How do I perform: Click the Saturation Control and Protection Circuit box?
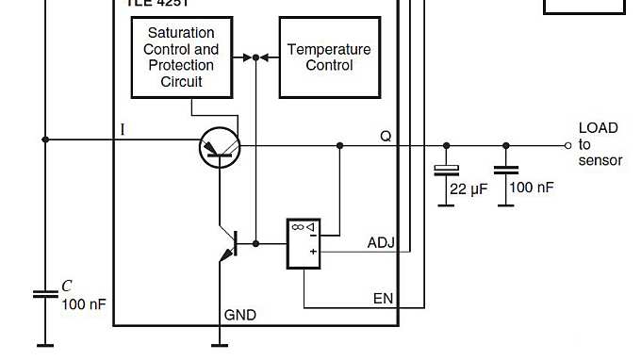[181, 57]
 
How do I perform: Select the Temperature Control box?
[329, 57]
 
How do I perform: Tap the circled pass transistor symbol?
[221, 147]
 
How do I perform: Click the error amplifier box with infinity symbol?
[302, 244]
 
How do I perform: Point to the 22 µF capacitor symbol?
[446, 172]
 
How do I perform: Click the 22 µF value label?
[468, 188]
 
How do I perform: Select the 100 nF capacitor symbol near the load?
[506, 172]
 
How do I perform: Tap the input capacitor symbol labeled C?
[44, 294]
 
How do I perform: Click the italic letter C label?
[67, 286]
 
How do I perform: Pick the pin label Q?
[386, 135]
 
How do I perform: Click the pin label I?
[123, 130]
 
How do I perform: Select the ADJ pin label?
[380, 243]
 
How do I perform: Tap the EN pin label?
[383, 299]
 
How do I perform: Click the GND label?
[239, 315]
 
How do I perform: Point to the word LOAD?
[598, 128]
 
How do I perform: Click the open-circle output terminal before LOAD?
[567, 146]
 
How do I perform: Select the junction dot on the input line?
[44, 139]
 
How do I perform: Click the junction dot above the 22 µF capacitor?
[446, 146]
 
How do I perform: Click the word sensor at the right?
[600, 160]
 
